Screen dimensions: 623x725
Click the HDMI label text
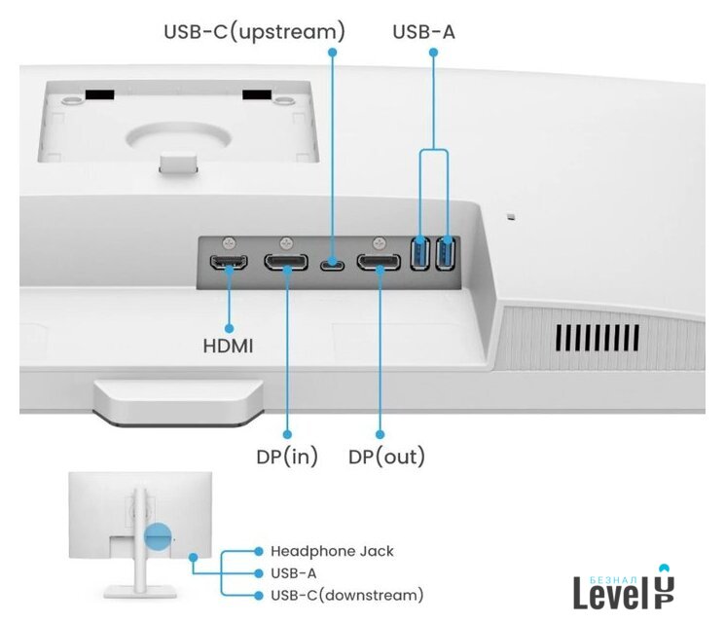(228, 345)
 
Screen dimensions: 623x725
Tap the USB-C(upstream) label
(254, 31)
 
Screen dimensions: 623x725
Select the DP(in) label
(286, 456)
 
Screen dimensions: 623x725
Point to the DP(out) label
(386, 456)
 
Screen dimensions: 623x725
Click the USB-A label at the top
(423, 31)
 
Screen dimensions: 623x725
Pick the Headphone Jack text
(332, 551)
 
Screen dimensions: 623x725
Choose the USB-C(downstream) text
(346, 594)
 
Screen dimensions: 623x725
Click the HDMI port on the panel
(229, 263)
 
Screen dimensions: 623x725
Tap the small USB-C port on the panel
(332, 263)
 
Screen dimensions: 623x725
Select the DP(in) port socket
(287, 263)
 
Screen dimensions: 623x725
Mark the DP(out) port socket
(379, 263)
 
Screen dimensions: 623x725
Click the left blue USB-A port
(420, 255)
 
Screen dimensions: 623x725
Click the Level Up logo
(624, 587)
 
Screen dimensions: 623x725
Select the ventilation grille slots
(597, 337)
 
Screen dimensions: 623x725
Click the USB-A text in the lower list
(293, 573)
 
